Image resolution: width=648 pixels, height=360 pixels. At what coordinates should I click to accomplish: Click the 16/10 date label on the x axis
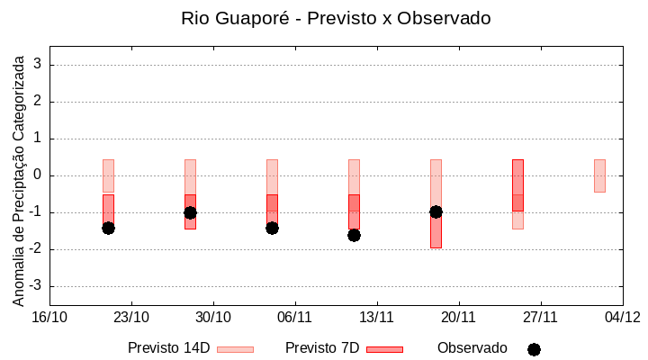49,317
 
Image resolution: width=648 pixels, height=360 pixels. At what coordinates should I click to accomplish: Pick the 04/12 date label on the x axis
622,317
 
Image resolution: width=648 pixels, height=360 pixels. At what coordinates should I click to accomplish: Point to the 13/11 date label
377,317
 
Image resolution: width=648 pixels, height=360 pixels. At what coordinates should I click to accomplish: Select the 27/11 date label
540,317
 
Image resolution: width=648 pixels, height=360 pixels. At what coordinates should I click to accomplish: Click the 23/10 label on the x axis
131,317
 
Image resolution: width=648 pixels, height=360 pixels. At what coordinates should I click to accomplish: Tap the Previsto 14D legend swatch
235,349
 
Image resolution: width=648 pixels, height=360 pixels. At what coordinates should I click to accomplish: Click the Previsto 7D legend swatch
384,349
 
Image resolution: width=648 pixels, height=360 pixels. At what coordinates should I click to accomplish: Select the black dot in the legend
534,349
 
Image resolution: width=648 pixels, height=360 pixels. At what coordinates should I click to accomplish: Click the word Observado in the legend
472,348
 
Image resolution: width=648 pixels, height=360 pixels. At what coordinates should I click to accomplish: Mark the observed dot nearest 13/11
354,235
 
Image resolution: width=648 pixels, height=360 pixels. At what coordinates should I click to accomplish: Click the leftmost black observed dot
108,228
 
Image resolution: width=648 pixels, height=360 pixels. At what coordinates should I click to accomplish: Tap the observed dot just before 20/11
436,211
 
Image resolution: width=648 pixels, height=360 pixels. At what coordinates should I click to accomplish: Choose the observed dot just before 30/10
190,212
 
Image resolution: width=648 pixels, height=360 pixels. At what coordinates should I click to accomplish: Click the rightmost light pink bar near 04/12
599,175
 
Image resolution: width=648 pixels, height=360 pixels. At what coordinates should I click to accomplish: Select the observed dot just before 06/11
272,228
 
